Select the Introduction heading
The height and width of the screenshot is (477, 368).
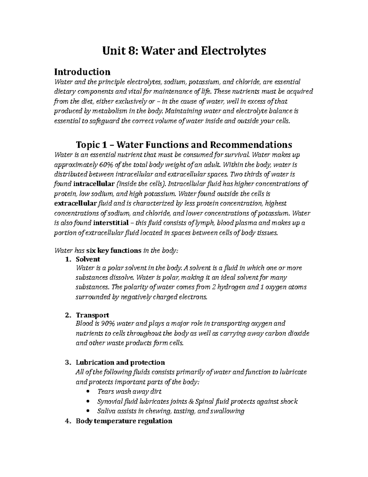[x=82, y=72]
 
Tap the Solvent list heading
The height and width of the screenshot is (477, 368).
[x=88, y=259]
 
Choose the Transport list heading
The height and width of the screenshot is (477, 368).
[x=92, y=315]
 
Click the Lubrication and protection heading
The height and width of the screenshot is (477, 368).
[x=120, y=362]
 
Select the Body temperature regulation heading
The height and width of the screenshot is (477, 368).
[x=124, y=421]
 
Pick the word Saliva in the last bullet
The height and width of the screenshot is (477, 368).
[x=106, y=411]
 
